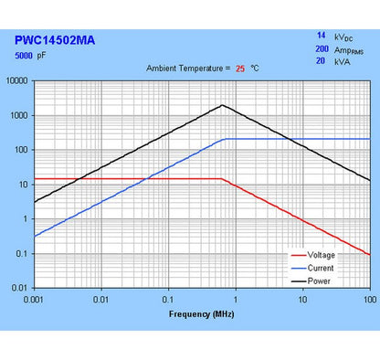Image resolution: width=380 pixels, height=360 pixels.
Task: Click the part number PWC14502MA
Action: pos(55,40)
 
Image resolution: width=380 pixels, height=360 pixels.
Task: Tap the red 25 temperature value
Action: pos(241,69)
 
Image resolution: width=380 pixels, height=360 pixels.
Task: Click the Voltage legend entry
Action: pos(321,255)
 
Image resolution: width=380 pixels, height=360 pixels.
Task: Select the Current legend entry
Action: pos(321,268)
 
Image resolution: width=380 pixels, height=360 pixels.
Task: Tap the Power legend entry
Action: pos(319,281)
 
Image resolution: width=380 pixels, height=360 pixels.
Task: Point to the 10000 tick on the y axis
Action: pos(18,80)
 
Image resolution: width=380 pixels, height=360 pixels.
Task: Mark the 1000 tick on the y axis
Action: pos(20,115)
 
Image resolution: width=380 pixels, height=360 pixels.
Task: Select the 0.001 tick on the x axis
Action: pos(34,299)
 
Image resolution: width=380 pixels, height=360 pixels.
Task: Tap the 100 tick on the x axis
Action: pos(369,299)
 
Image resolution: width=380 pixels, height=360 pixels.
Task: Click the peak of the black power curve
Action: pos(222,105)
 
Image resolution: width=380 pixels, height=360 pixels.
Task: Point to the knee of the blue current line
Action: pos(224,139)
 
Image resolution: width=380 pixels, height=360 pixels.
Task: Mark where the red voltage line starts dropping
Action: pos(223,179)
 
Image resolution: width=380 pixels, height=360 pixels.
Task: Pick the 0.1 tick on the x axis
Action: pos(168,299)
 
